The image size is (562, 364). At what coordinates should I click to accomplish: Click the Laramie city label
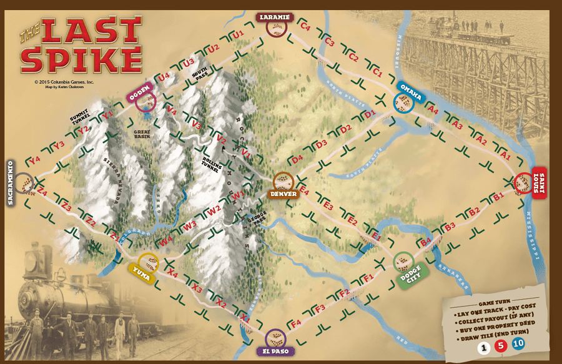274,17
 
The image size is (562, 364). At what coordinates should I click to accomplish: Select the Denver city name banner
283,194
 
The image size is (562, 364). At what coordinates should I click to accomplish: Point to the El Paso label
275,351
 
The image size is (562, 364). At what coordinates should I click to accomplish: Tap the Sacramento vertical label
11,182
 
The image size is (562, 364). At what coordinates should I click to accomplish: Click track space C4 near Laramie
305,27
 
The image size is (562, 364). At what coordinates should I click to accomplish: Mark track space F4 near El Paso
296,323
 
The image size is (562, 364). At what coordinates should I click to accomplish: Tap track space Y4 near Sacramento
34,160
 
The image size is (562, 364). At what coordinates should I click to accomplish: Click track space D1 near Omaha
370,114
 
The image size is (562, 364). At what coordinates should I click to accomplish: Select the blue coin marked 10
518,343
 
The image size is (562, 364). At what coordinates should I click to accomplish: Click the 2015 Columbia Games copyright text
64,82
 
